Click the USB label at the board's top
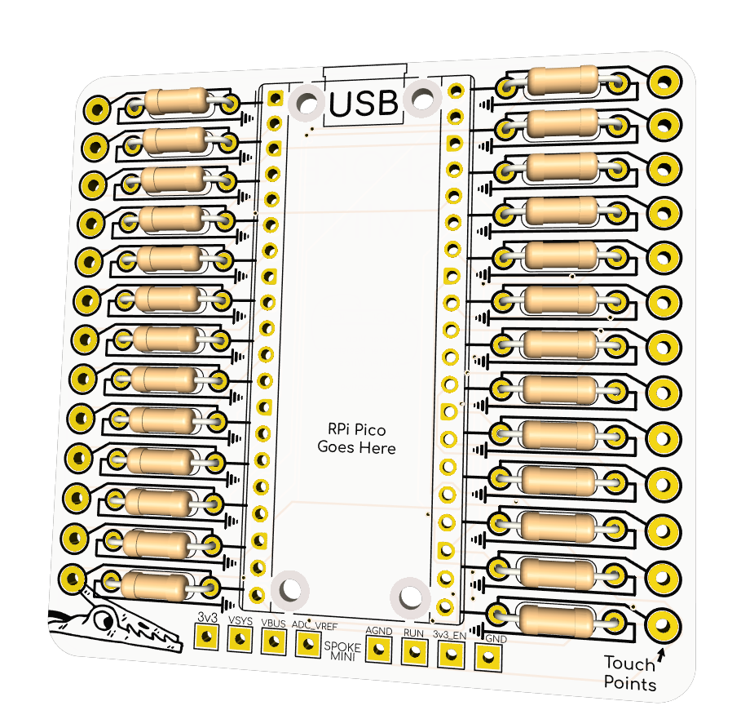pos(364,104)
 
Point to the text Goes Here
pos(356,447)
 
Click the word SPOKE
pos(343,646)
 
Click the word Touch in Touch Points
pos(625,664)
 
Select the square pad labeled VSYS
pos(240,638)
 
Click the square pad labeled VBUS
pos(273,641)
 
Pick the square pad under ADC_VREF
pos(307,643)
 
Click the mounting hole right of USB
pos(421,100)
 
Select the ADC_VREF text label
pos(315,625)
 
